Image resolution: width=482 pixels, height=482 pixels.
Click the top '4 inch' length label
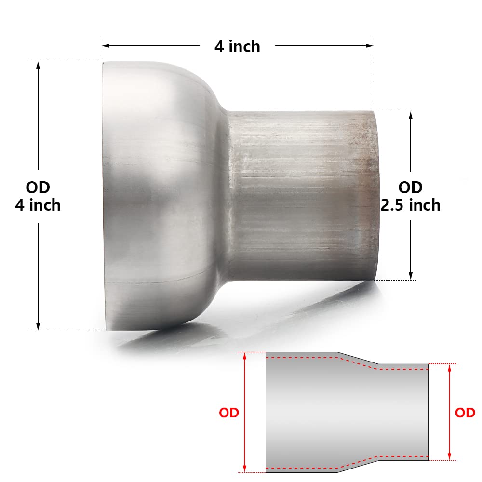click(237, 46)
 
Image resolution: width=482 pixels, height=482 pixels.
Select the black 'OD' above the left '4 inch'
click(38, 187)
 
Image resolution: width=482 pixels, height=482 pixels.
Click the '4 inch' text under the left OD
click(38, 205)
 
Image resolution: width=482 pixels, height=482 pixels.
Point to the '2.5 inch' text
click(411, 205)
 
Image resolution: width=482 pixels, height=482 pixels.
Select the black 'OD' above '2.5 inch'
click(411, 187)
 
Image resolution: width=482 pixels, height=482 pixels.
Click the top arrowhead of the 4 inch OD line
click(38, 65)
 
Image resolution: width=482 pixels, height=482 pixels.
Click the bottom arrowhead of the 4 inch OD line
click(38, 326)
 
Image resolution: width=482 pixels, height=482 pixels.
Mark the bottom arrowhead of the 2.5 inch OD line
click(410, 276)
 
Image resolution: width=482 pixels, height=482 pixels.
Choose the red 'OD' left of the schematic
click(229, 413)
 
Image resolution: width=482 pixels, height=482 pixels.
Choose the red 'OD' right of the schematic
click(465, 413)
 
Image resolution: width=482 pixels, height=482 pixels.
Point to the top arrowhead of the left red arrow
click(245, 356)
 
